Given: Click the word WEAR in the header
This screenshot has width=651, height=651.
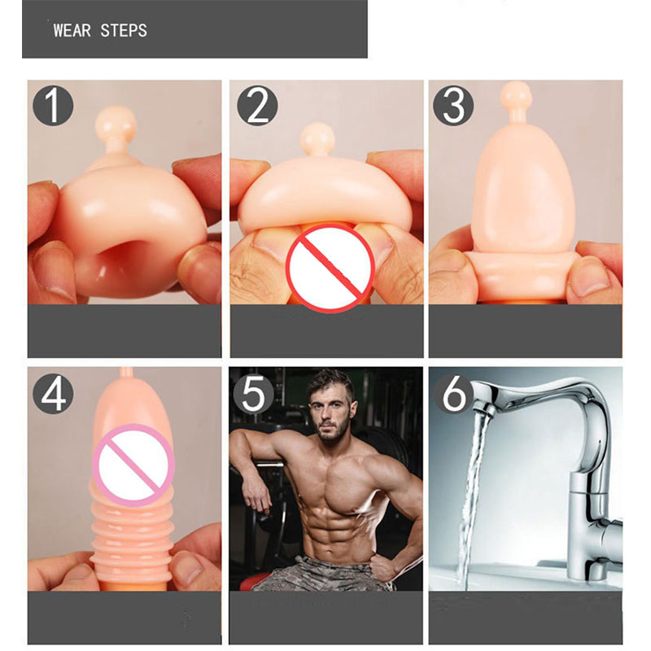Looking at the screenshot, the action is coord(72,31).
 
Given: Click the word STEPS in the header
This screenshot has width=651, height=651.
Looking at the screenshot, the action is coord(124,31).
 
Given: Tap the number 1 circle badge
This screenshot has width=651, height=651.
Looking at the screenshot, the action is coord(53,106).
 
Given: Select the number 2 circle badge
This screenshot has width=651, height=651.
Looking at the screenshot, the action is coord(257,106).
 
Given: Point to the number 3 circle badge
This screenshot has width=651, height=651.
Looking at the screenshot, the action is coord(453,106).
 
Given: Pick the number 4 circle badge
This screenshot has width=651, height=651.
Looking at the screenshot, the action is coord(53,394).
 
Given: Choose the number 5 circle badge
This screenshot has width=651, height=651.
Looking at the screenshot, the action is coord(253,394).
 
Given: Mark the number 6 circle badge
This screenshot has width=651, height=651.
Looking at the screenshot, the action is coord(454,394).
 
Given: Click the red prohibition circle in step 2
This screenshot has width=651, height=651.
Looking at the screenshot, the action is coord(330,267).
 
